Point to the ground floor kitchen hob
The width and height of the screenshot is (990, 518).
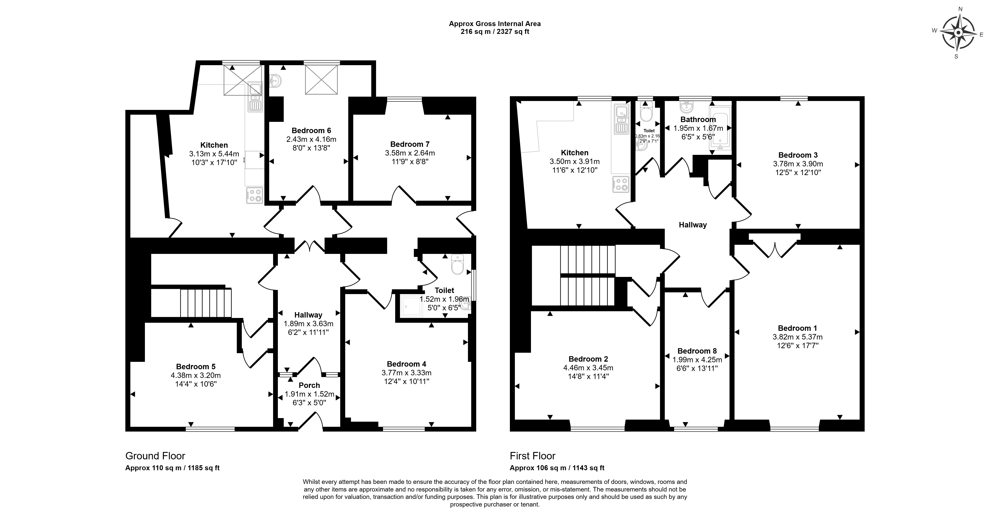tap(254, 195)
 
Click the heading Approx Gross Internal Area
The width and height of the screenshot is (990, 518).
tap(495, 23)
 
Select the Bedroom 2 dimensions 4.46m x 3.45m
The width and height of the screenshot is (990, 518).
tap(588, 368)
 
